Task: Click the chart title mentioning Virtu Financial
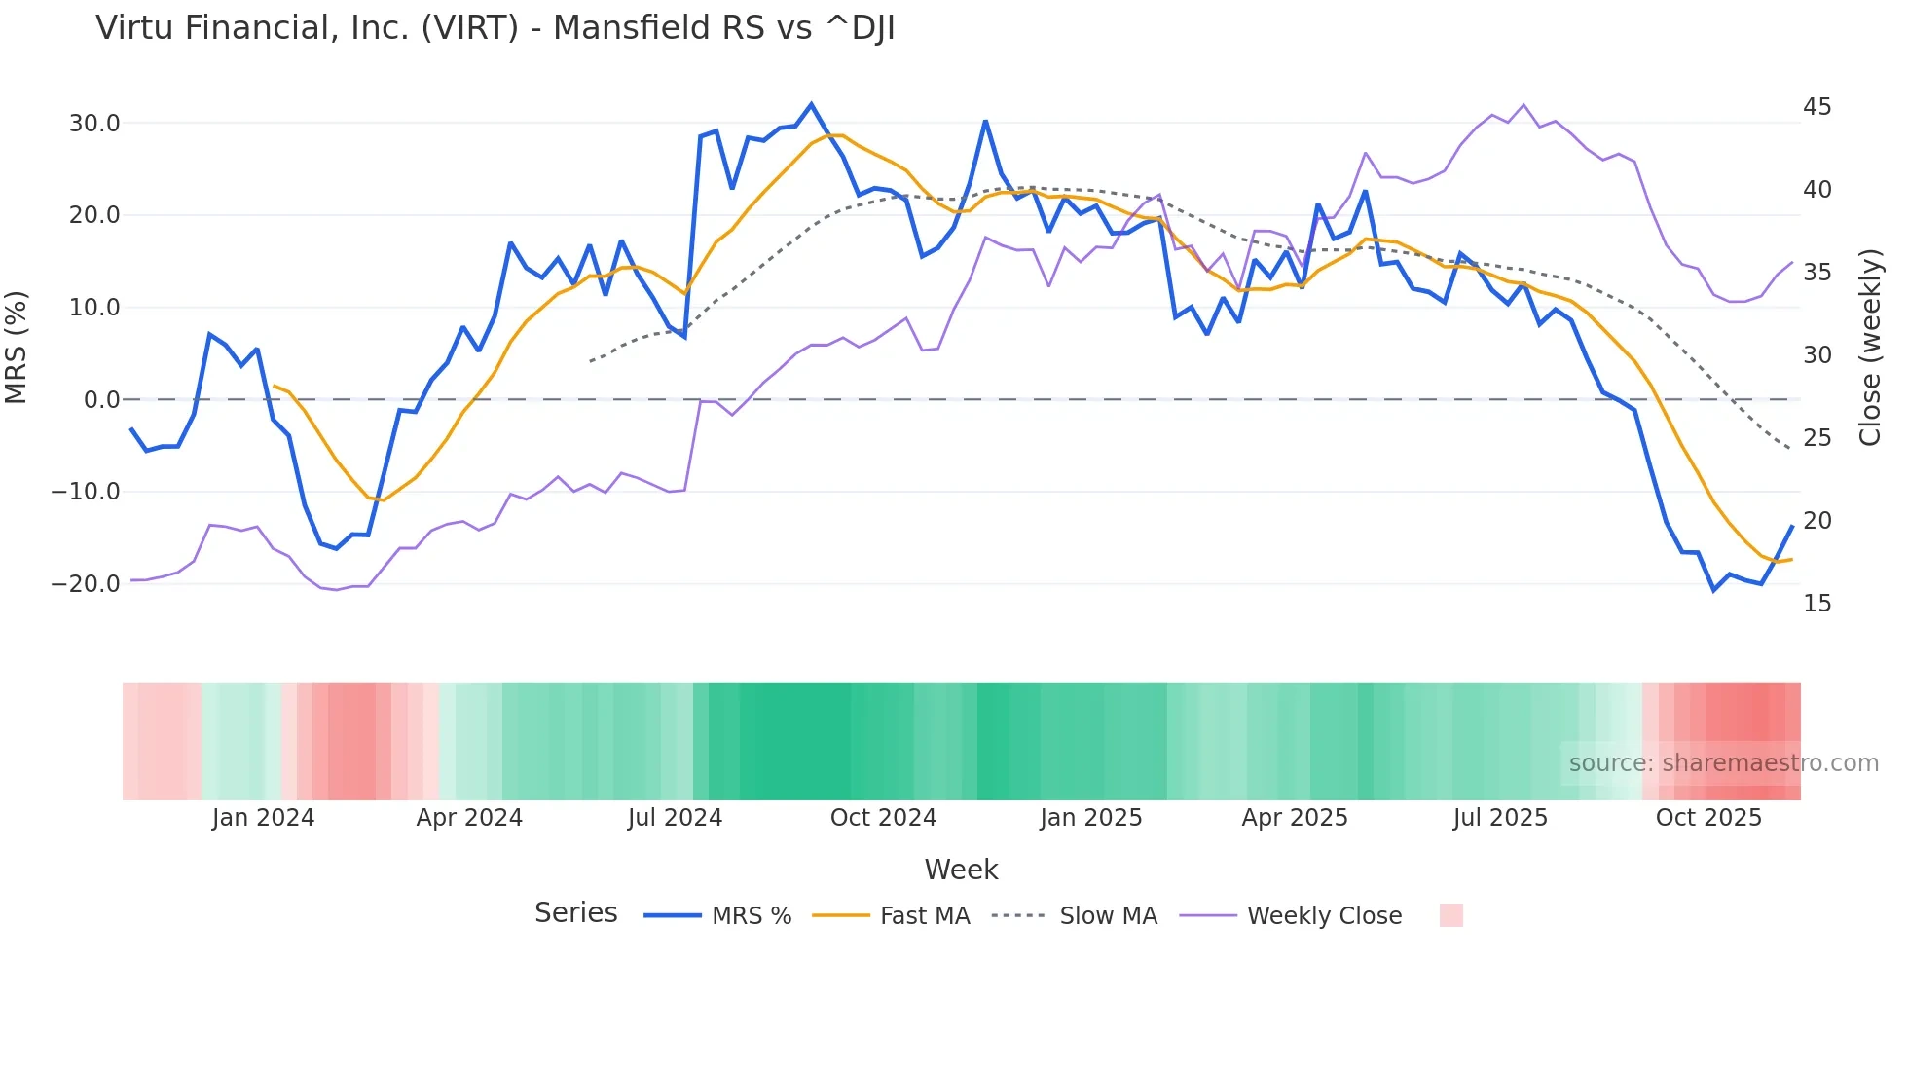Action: (495, 28)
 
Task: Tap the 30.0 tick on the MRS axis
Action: (94, 124)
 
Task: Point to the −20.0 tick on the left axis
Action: (86, 584)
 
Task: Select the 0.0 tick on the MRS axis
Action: (101, 400)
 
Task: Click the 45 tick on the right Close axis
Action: (1816, 107)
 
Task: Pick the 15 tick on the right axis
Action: (1816, 604)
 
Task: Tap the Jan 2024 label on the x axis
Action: (263, 818)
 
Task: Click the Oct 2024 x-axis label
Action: (883, 818)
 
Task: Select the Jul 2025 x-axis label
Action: (1500, 818)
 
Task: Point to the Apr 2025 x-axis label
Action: (1295, 818)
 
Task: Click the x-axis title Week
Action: (961, 869)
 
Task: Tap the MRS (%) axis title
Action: (17, 348)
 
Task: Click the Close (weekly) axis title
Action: (1870, 348)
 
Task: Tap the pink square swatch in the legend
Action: (1450, 915)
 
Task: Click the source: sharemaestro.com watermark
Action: (1723, 763)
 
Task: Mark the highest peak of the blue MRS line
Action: (811, 104)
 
